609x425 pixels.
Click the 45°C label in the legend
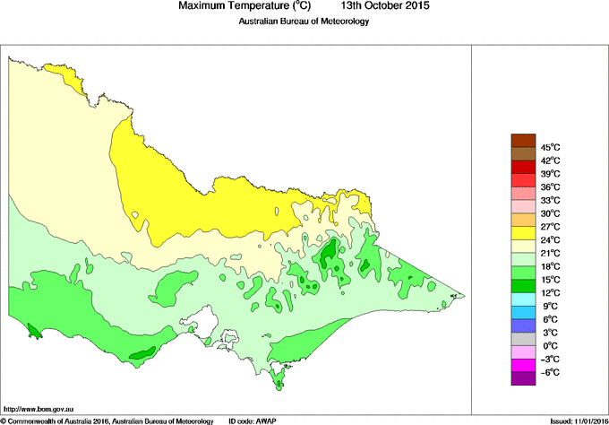(x=549, y=147)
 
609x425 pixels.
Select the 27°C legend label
(x=549, y=227)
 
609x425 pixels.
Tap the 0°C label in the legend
(x=549, y=345)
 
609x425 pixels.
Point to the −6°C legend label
(x=549, y=372)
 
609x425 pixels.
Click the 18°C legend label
(x=549, y=266)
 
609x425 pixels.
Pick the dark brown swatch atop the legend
(x=522, y=140)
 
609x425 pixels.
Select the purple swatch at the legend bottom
(x=522, y=378)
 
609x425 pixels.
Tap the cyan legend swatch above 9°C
(x=522, y=299)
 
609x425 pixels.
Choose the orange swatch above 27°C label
(x=522, y=220)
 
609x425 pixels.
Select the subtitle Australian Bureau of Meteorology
(x=304, y=22)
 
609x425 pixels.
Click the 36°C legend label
(x=549, y=186)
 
